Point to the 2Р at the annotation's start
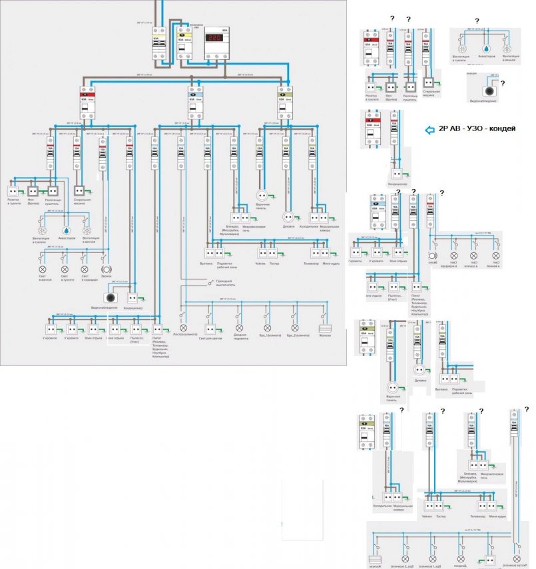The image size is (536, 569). click(443, 128)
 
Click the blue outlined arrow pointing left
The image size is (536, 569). click(429, 128)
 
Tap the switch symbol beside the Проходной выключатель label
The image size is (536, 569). click(212, 282)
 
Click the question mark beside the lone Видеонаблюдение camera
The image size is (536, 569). click(503, 83)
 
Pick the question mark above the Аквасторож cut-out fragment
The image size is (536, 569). click(477, 22)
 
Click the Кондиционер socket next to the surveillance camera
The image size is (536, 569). click(132, 298)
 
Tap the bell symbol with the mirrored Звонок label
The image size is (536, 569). click(433, 256)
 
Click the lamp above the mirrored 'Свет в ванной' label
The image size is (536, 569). click(495, 256)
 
